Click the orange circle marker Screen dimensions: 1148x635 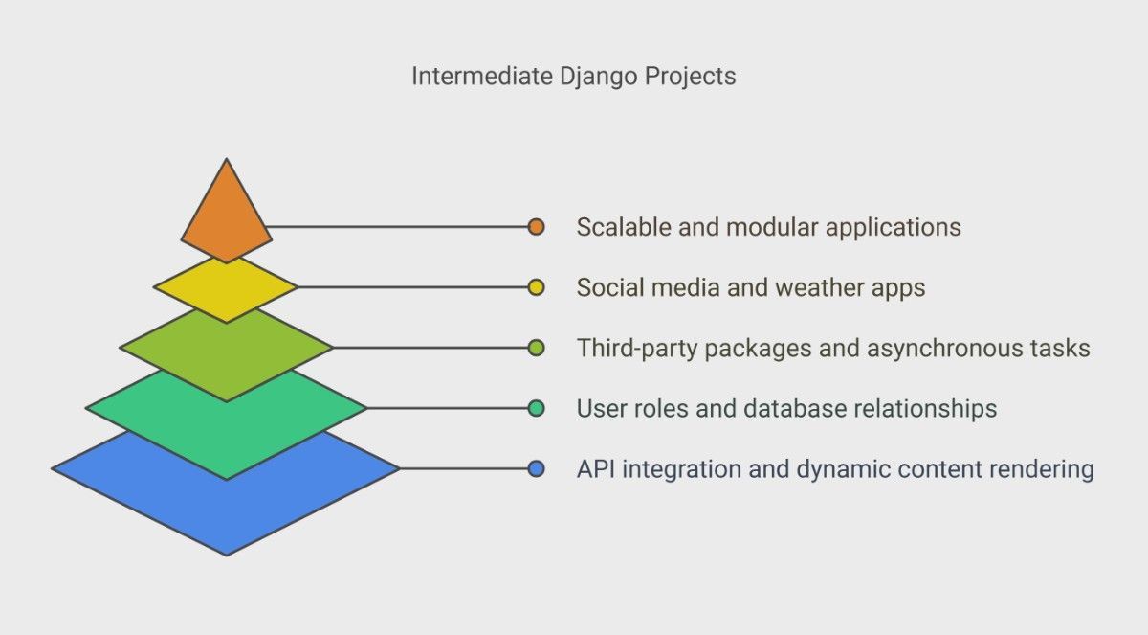536,227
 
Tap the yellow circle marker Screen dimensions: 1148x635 536,287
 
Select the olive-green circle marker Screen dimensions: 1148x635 536,348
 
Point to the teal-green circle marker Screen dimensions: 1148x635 536,408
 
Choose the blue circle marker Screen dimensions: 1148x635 536,468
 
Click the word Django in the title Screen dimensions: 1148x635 598,78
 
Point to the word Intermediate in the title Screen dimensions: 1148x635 482,76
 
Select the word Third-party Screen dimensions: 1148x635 637,350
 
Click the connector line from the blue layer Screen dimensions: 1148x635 464,468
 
